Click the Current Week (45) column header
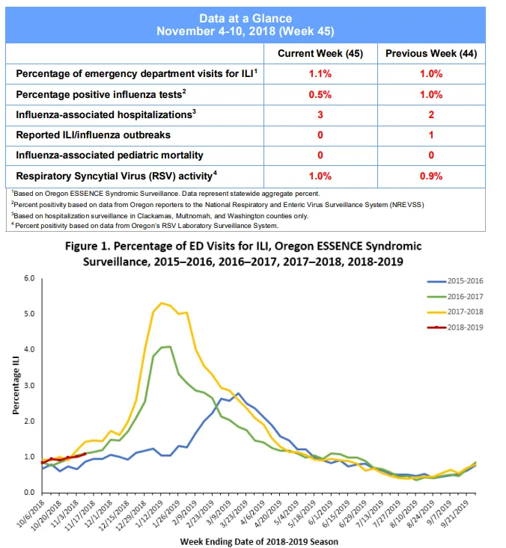click(320, 54)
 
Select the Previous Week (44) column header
click(431, 54)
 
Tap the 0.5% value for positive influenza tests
click(320, 95)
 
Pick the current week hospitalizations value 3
click(320, 114)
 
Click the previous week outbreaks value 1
click(431, 135)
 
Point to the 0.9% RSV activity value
click(431, 176)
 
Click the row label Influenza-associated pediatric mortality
click(109, 156)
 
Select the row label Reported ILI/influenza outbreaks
click(93, 135)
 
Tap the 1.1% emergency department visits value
click(320, 74)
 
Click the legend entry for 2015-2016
click(455, 281)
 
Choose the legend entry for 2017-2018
click(455, 312)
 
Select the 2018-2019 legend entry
click(455, 327)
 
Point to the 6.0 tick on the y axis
click(29, 278)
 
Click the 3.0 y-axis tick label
click(29, 386)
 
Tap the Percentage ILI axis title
click(16, 386)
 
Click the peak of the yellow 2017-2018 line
click(162, 303)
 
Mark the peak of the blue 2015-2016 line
click(238, 393)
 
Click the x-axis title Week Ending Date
click(259, 541)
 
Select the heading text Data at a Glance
click(246, 18)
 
